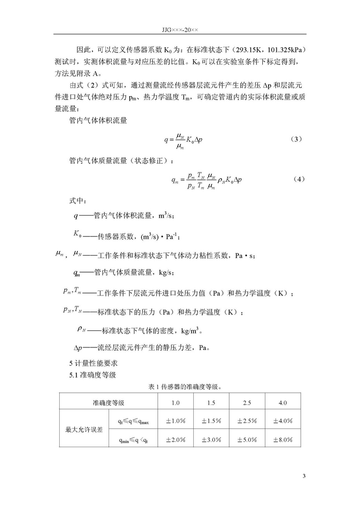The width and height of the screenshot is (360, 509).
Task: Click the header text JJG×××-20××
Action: pos(180,29)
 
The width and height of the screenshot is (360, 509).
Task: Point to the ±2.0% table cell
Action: pos(176,440)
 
